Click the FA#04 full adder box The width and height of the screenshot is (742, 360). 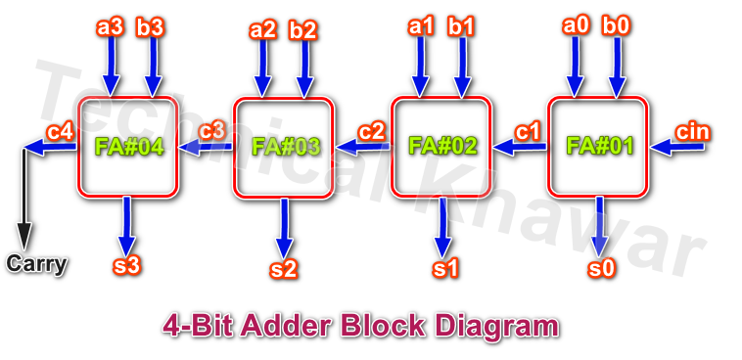pyautogui.click(x=127, y=147)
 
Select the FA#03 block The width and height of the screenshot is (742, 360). pyautogui.click(x=284, y=148)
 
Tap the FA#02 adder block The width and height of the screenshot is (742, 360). pyautogui.click(x=441, y=147)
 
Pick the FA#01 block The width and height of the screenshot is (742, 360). pyautogui.click(x=598, y=147)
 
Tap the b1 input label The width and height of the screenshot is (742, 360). pyautogui.click(x=461, y=27)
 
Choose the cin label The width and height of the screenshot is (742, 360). pyautogui.click(x=693, y=131)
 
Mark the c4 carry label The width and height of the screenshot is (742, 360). pyautogui.click(x=61, y=131)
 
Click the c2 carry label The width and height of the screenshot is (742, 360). pyautogui.click(x=372, y=131)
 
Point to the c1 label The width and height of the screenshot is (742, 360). pyautogui.click(x=529, y=130)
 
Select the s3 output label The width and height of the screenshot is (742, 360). pyautogui.click(x=127, y=266)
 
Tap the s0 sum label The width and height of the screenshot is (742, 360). pyautogui.click(x=602, y=267)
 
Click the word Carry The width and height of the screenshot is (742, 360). pyautogui.click(x=36, y=264)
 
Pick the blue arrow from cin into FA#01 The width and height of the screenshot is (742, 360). pyautogui.click(x=677, y=148)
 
